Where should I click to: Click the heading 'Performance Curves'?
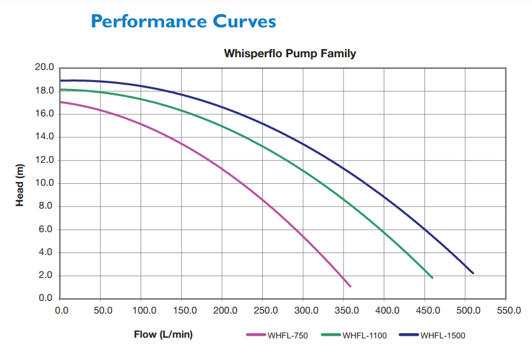click(x=183, y=21)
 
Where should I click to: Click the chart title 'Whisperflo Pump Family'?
click(x=290, y=53)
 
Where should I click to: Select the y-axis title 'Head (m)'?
click(x=20, y=184)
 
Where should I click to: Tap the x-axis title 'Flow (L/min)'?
click(x=163, y=334)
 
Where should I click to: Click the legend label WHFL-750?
click(x=288, y=335)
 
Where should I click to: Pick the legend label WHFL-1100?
click(x=365, y=335)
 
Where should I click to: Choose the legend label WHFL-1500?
click(x=442, y=335)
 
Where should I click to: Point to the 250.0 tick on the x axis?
click(x=265, y=310)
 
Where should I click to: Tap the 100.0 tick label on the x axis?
click(x=143, y=310)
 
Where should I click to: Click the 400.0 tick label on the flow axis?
click(x=387, y=310)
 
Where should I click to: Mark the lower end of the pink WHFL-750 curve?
click(x=350, y=286)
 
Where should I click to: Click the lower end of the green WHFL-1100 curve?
click(x=432, y=277)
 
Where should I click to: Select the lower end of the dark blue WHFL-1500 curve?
click(x=473, y=273)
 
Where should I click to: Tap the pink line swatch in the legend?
click(x=256, y=335)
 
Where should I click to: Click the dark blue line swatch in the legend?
click(x=409, y=335)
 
